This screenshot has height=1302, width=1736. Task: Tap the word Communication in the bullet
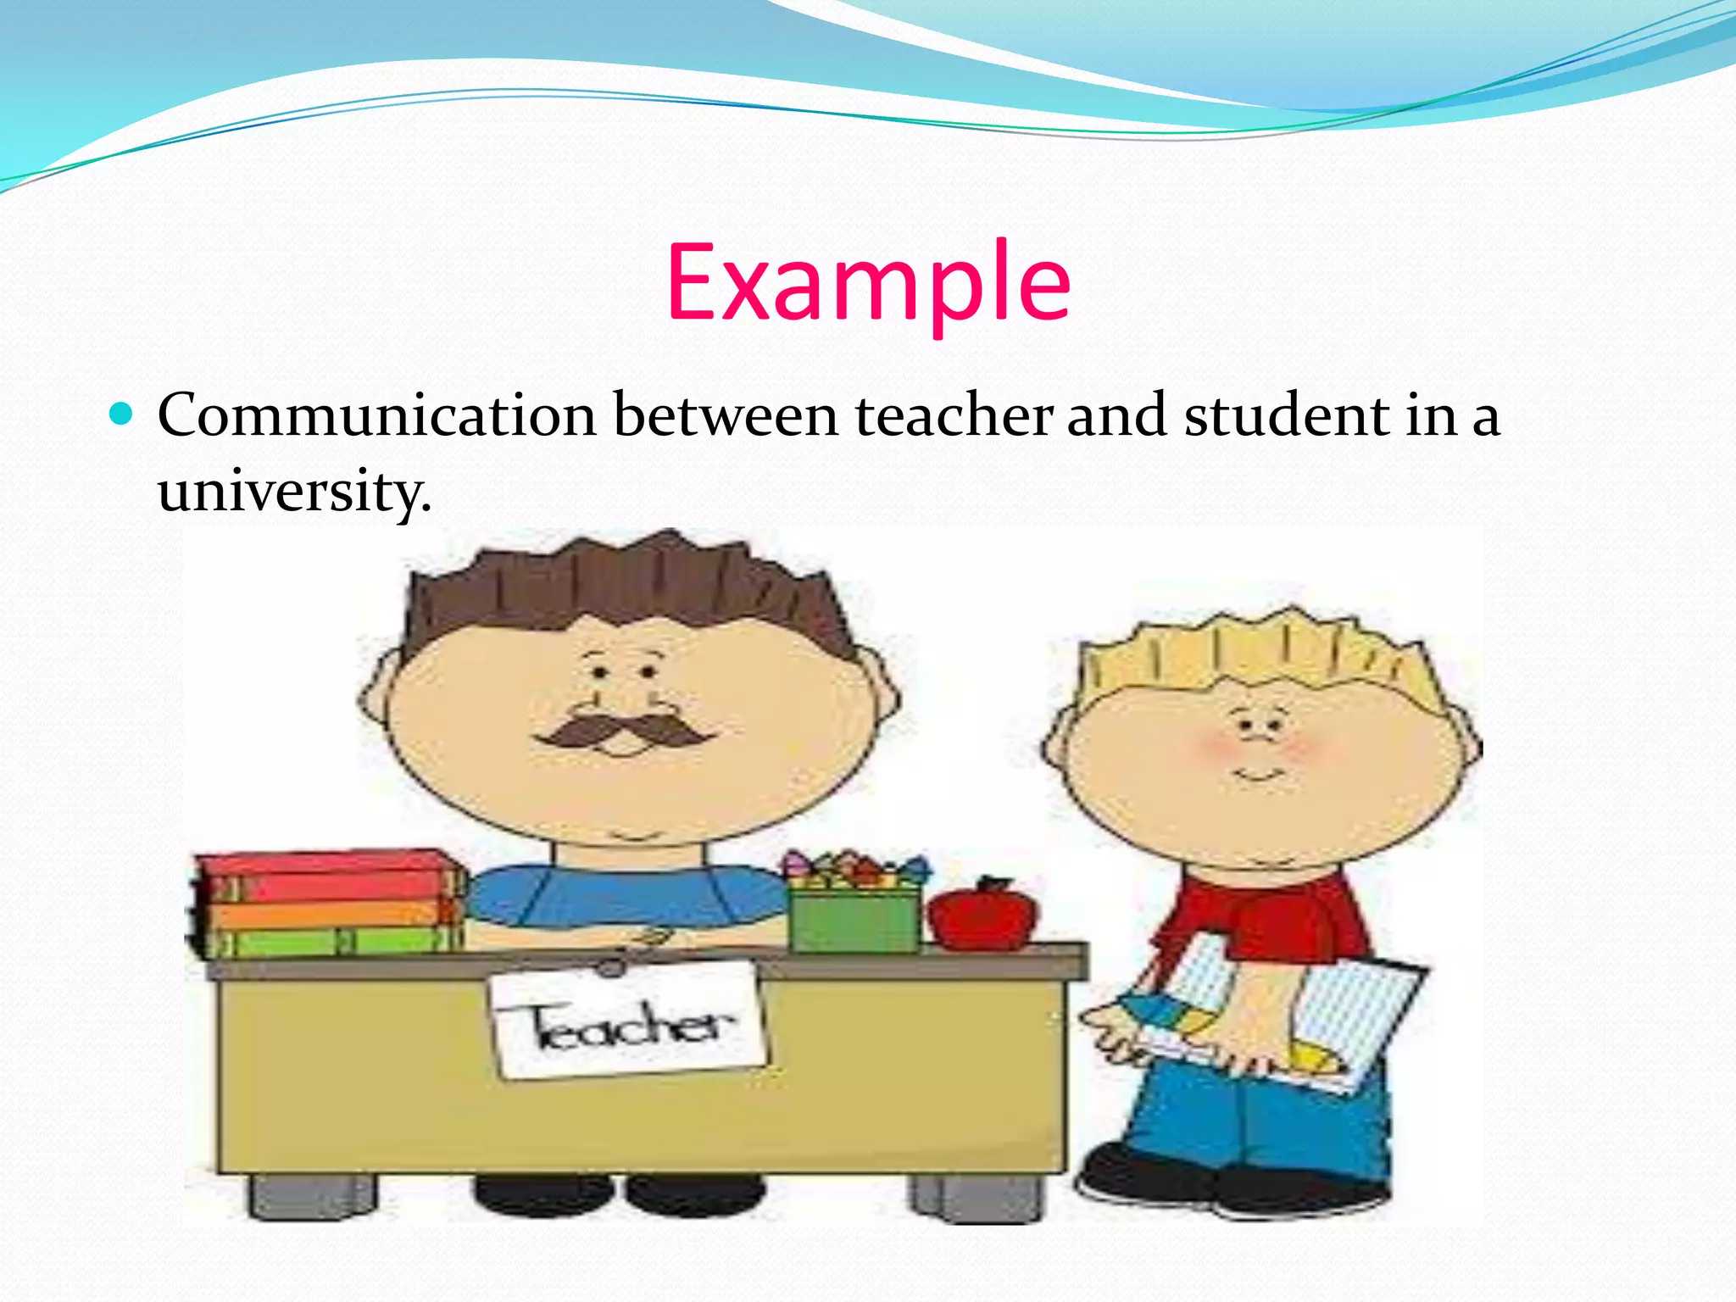coord(377,415)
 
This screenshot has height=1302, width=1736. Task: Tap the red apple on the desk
coord(983,915)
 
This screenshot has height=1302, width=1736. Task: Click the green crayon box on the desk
coord(854,919)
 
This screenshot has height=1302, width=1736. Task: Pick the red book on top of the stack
coord(326,873)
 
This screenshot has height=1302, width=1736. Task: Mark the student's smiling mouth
coord(1260,775)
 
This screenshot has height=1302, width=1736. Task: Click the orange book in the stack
coord(326,912)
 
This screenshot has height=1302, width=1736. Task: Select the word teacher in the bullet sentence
coord(954,415)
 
